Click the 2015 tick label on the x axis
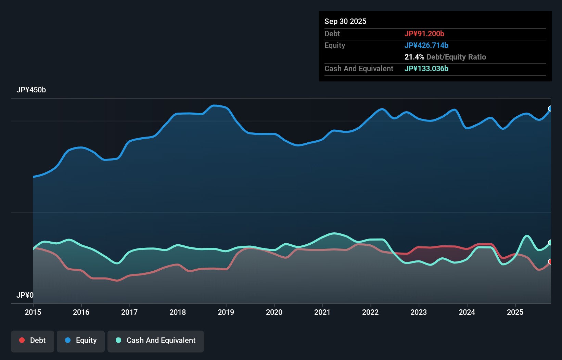(x=33, y=312)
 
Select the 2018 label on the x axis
(x=178, y=312)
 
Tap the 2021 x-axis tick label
(x=322, y=312)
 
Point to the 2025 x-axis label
(x=515, y=312)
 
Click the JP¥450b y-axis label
(x=31, y=90)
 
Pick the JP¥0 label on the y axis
(x=25, y=295)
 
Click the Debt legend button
(x=33, y=340)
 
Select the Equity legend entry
(x=81, y=340)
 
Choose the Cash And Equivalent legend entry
(x=156, y=340)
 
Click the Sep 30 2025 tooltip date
(x=345, y=21)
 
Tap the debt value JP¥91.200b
(x=424, y=34)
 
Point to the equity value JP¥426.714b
(x=426, y=45)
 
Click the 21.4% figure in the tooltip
(x=414, y=57)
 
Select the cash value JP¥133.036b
(x=426, y=68)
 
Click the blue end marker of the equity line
(x=550, y=108)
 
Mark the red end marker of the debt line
(x=550, y=261)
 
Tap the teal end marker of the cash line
(x=550, y=242)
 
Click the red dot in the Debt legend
(x=22, y=340)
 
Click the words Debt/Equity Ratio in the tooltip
(x=456, y=57)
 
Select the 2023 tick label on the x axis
(x=419, y=312)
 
